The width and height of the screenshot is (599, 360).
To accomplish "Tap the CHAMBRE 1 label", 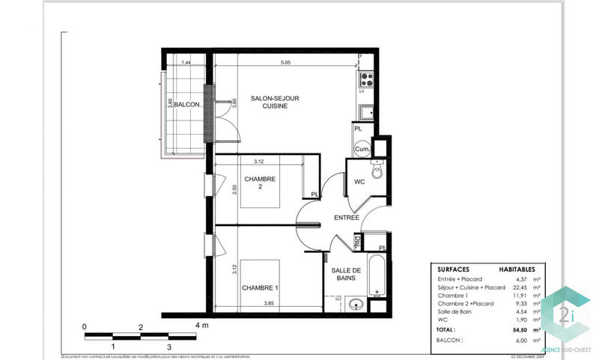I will coord(260,288).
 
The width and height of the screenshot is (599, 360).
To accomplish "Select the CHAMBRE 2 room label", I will coord(260,183).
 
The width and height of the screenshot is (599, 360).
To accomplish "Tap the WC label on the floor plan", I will coord(359,182).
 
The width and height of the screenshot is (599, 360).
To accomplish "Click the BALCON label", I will coord(187,105).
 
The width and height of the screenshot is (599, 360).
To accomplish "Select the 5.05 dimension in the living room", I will coord(285,64).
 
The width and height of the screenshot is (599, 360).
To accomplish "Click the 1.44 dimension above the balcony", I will coord(187,64).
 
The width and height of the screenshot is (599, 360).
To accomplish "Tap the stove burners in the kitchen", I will coord(367,77).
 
